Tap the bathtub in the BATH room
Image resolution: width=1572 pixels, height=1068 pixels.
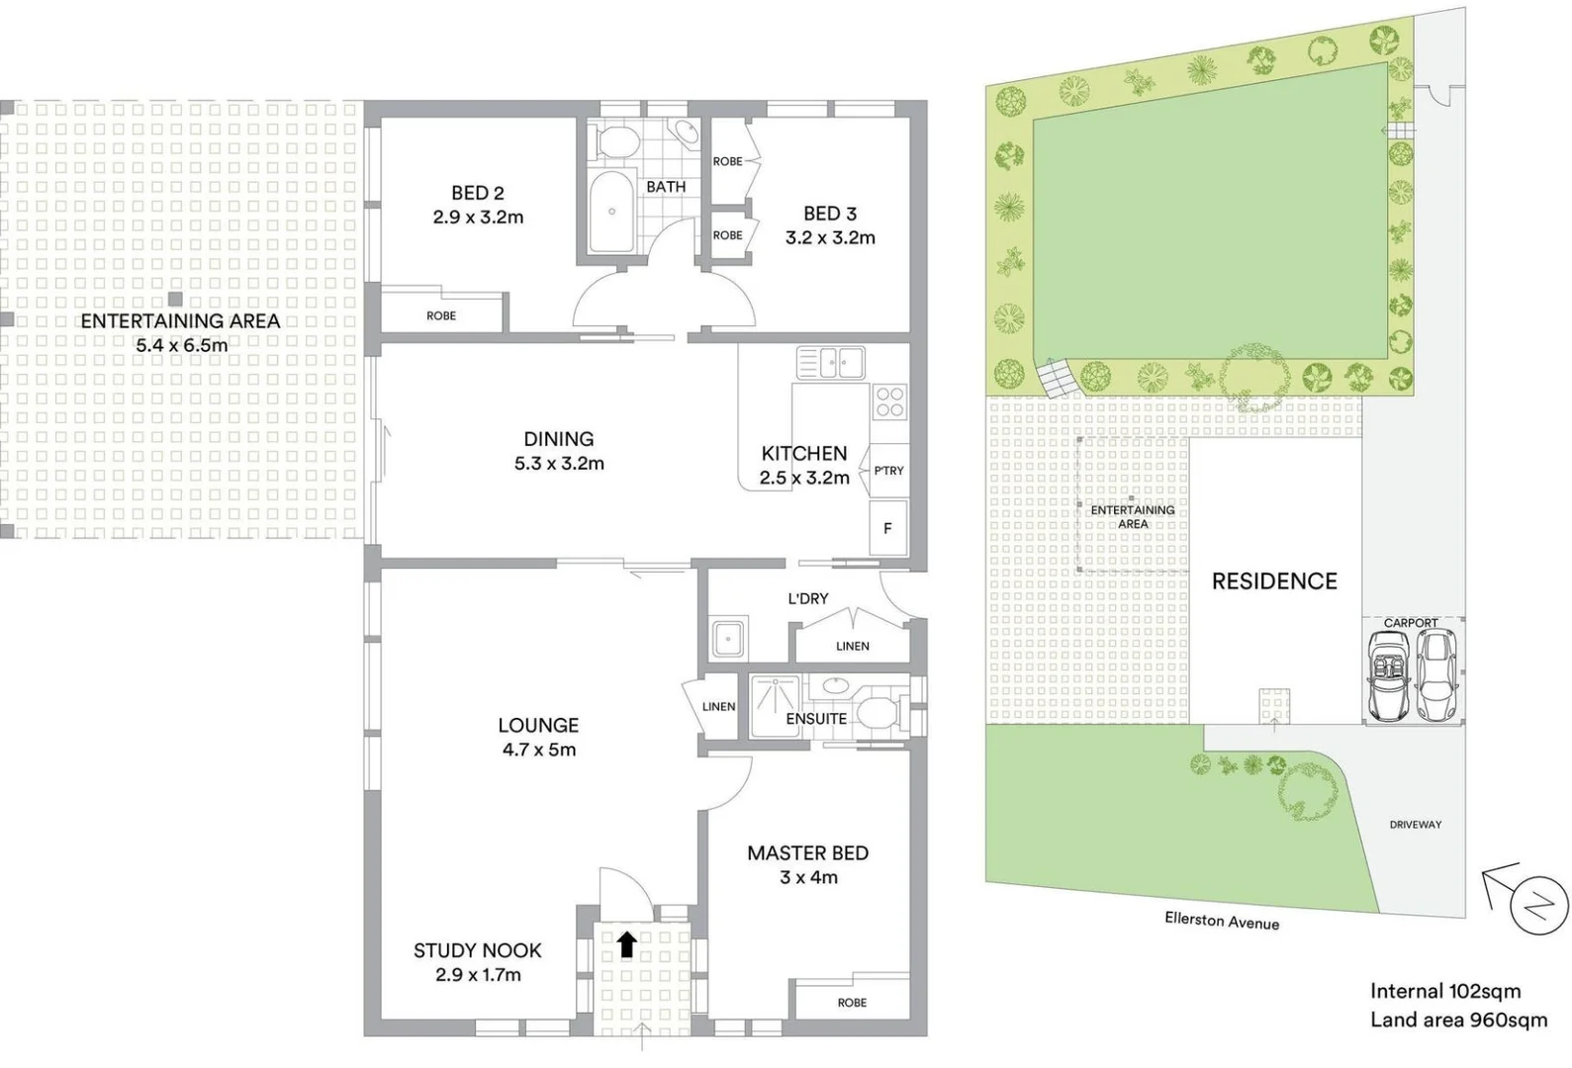tap(612, 212)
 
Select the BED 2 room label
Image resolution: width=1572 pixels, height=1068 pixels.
tap(477, 194)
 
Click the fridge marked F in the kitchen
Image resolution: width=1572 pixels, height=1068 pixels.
tap(887, 528)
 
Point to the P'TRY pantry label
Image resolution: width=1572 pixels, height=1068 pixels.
tap(888, 471)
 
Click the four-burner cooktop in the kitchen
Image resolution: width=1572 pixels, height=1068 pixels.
tap(889, 400)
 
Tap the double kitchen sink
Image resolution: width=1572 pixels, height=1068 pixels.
tap(831, 363)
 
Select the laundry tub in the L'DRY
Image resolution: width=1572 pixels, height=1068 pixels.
tap(729, 639)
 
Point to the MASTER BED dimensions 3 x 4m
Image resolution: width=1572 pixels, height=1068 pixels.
tap(808, 877)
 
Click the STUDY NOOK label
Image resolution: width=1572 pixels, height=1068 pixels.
tap(477, 950)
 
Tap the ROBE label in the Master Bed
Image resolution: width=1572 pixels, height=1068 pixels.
tap(852, 1002)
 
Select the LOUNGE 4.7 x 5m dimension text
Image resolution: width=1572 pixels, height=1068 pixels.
tap(538, 750)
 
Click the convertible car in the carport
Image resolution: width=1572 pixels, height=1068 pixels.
tap(1390, 676)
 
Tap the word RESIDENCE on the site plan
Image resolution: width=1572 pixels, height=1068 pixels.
tap(1274, 581)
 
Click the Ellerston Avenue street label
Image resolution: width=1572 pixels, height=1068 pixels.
tap(1222, 921)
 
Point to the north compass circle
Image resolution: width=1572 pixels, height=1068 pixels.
tap(1539, 905)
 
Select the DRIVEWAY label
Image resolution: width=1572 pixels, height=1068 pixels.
tap(1415, 824)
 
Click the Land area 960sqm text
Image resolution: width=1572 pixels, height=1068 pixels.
tap(1458, 1020)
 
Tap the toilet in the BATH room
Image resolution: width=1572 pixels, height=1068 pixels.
tap(617, 141)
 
